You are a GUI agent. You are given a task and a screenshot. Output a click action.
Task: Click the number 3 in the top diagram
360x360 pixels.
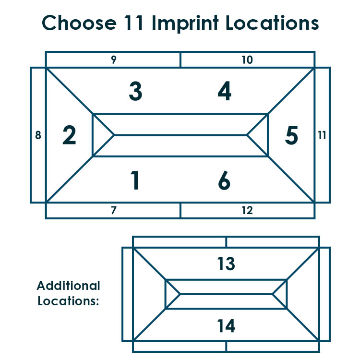[135, 91]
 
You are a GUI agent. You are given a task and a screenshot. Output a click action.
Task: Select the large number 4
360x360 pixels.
[225, 91]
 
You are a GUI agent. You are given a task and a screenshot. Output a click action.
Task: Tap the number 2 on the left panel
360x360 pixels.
[69, 135]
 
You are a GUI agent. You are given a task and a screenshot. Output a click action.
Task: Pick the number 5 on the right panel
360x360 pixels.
[291, 135]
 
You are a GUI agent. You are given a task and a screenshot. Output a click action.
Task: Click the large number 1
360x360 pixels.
[135, 180]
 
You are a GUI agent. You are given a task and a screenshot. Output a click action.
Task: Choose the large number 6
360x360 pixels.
[224, 180]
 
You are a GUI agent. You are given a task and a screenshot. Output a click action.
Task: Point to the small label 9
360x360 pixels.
[114, 60]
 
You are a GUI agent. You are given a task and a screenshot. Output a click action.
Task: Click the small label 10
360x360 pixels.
[247, 60]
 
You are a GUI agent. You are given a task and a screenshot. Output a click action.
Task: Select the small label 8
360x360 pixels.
[38, 135]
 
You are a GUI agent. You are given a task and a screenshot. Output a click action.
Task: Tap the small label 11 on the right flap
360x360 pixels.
[322, 135]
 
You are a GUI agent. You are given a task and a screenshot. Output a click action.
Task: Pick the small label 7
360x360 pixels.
[114, 210]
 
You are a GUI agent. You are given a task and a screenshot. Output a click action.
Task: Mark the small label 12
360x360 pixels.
[247, 210]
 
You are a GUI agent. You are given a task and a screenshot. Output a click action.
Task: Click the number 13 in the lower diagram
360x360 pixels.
[226, 264]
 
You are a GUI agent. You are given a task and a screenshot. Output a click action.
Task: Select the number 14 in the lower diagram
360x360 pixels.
[226, 326]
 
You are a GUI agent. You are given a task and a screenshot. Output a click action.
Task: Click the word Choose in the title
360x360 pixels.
[79, 23]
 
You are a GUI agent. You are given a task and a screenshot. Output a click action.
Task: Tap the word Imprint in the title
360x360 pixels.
[185, 23]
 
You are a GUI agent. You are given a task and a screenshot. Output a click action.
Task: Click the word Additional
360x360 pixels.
[69, 286]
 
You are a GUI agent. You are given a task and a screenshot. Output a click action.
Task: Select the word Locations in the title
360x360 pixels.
[272, 23]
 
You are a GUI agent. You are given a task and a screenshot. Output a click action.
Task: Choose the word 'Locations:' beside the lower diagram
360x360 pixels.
[68, 301]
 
